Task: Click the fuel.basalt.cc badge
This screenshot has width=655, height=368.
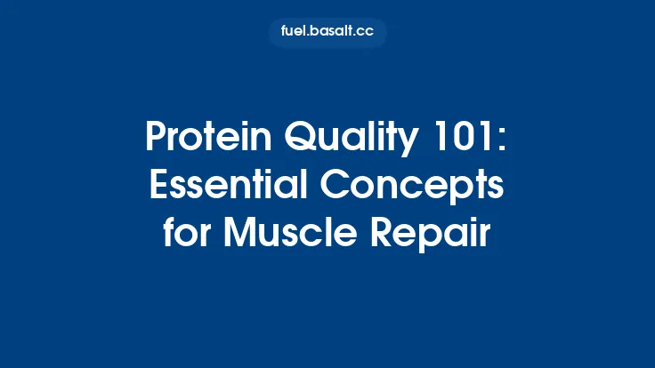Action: [x=327, y=33]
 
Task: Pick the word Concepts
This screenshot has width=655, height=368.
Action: [x=425, y=187]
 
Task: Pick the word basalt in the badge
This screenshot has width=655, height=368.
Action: [x=333, y=33]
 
